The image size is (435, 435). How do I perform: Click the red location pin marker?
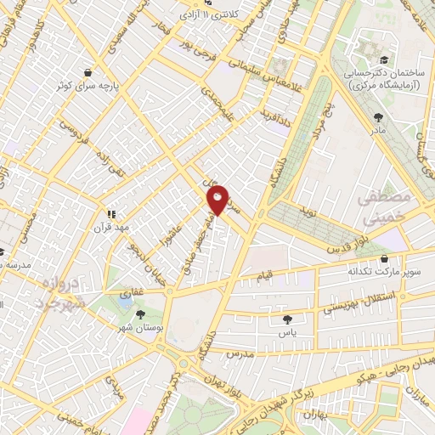pos(217,201)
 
